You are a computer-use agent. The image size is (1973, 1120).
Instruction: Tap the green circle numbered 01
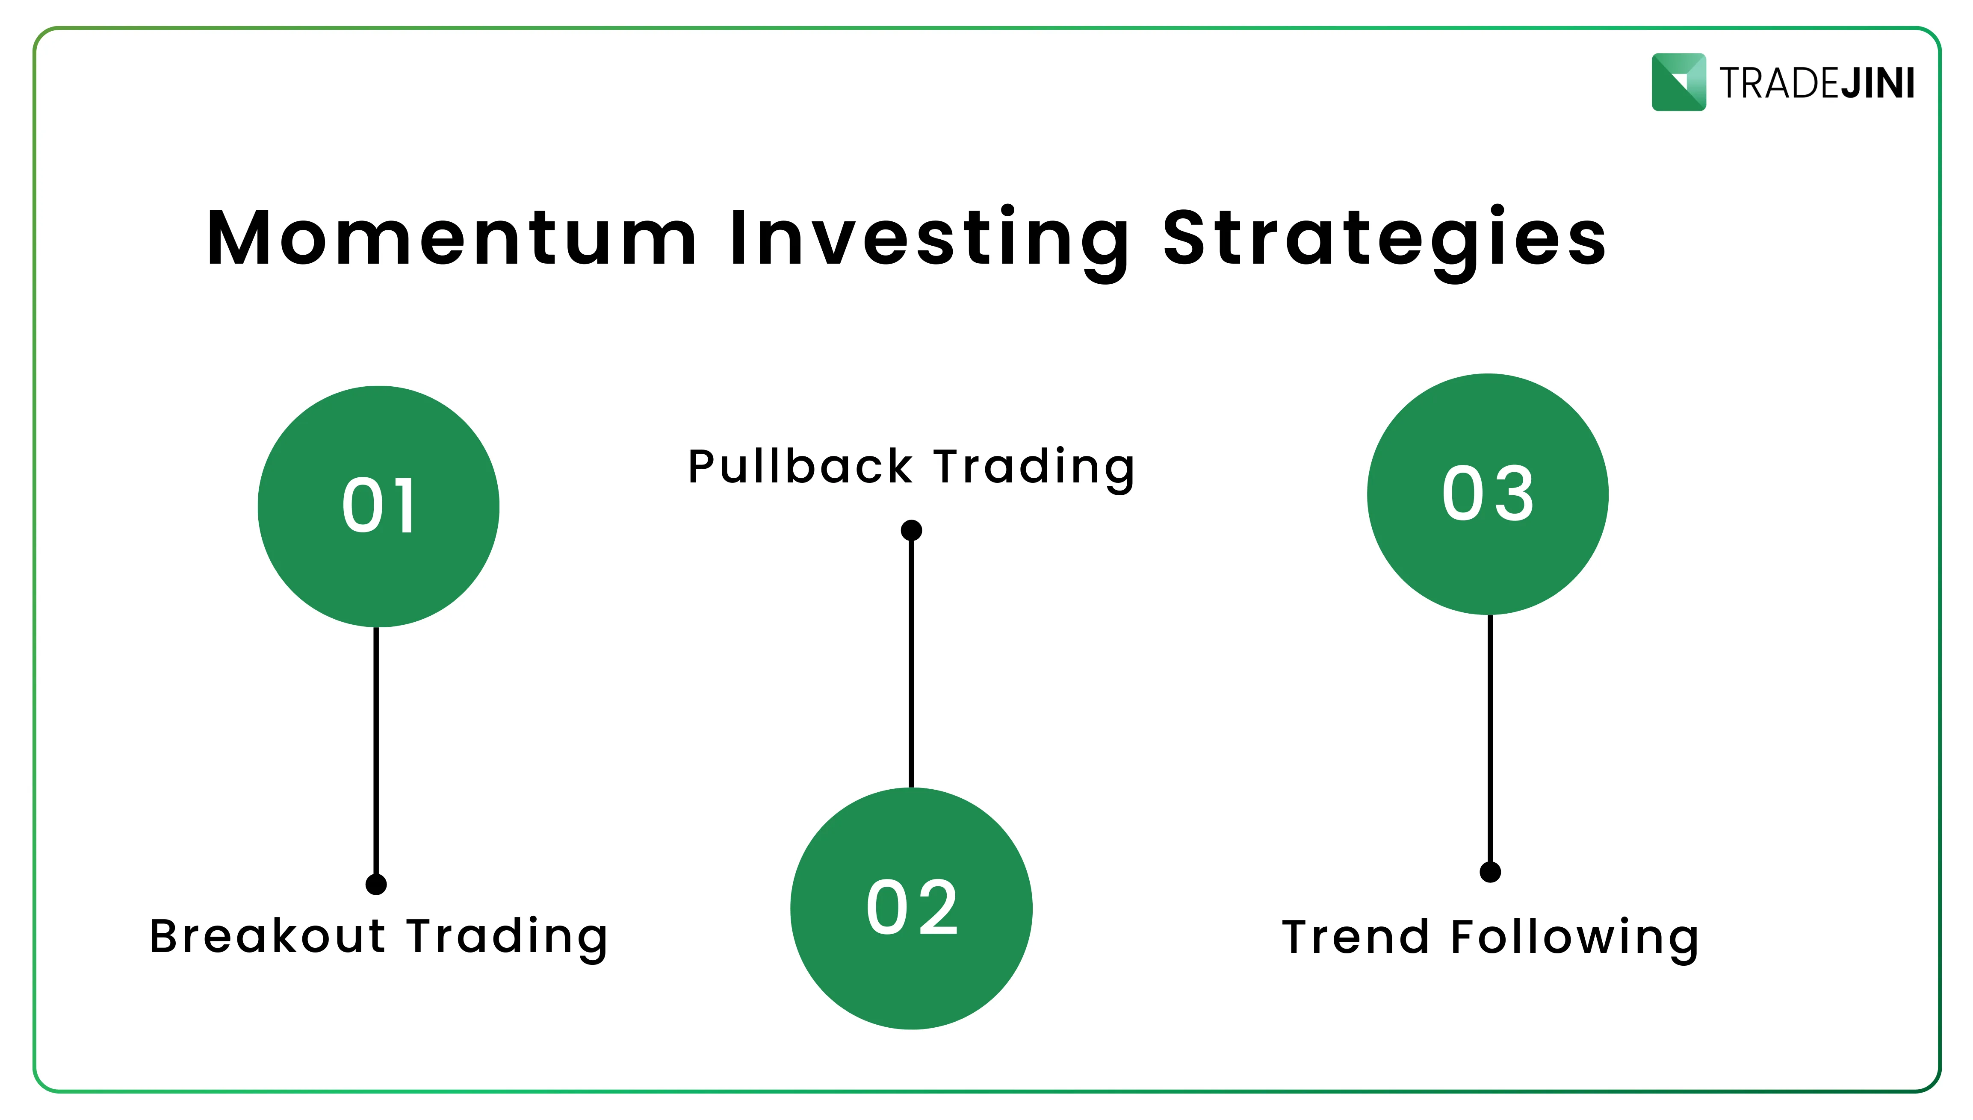(x=378, y=506)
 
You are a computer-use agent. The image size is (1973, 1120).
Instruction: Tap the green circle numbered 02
(x=911, y=908)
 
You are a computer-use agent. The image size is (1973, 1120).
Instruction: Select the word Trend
(x=1354, y=937)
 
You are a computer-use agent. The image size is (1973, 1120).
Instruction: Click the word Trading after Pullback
(x=1034, y=467)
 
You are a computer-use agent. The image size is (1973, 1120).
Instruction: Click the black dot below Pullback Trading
(x=911, y=530)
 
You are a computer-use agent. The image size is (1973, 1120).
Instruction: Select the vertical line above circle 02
(x=911, y=661)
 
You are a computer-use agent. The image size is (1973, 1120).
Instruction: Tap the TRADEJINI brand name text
(x=1817, y=83)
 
